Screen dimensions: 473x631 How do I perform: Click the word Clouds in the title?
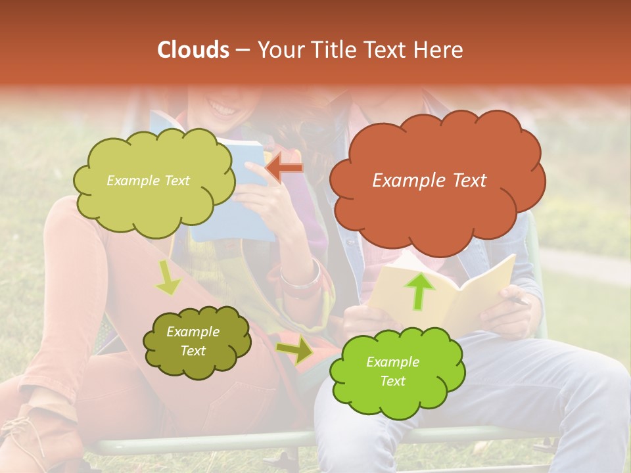pos(193,50)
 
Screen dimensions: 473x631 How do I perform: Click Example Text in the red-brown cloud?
pos(429,181)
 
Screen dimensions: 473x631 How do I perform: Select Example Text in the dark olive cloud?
pos(193,342)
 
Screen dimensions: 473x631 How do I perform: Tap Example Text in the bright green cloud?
pos(392,371)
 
